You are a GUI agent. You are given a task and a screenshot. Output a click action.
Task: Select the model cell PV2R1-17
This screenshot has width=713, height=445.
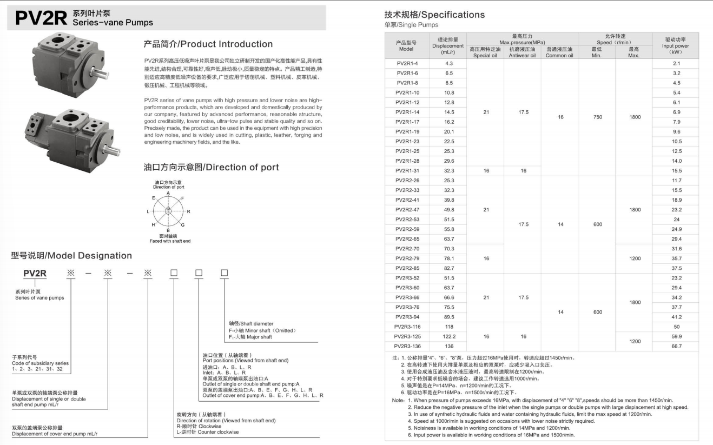tap(407, 122)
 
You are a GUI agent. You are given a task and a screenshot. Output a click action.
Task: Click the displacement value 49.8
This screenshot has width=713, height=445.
tap(449, 210)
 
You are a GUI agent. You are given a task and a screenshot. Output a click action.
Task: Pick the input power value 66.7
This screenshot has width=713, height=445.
tap(677, 347)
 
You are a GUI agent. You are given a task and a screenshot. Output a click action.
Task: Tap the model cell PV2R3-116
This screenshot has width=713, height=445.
tap(407, 327)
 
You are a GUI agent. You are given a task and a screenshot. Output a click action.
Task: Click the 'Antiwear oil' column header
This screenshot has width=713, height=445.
tap(522, 52)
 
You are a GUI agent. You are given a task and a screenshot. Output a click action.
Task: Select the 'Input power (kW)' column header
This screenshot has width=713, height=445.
tap(676, 46)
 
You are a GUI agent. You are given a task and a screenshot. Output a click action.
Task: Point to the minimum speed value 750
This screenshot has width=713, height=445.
tap(597, 117)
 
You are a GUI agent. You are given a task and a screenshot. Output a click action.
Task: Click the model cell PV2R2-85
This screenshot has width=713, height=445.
tap(407, 268)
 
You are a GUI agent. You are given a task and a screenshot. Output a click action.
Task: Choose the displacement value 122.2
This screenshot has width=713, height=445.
tap(449, 337)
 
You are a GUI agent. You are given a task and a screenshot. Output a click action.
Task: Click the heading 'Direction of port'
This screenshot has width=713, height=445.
tap(211, 168)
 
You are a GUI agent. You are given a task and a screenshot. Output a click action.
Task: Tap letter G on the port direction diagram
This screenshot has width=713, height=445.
tap(183, 224)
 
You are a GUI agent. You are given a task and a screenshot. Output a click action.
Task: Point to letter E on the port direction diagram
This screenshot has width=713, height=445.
tap(154, 198)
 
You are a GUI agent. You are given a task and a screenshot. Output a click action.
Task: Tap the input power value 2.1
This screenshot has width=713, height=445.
tap(677, 64)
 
